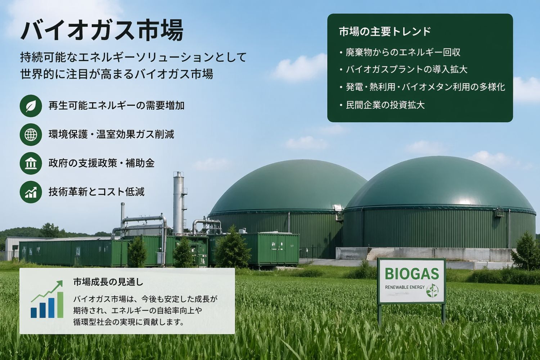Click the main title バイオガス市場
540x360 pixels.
tap(102, 31)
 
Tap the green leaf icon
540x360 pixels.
tap(31, 105)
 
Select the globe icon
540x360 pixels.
tap(31, 134)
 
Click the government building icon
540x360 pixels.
tap(31, 163)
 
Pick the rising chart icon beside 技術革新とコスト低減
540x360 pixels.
tap(31, 192)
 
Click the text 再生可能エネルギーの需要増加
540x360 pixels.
tap(116, 105)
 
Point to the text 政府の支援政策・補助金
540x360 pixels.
tap(102, 163)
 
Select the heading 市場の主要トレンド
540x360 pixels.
tap(385, 32)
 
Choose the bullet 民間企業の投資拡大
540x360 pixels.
tap(385, 105)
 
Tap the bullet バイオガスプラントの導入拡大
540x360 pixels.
tap(406, 69)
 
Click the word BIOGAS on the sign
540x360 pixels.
tap(412, 274)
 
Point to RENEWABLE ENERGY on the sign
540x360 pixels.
tap(405, 287)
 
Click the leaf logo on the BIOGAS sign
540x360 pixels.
tap(432, 290)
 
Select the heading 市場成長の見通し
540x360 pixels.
tap(108, 282)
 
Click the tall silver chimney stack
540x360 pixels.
tap(178, 202)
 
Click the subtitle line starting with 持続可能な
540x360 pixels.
tap(133, 57)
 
